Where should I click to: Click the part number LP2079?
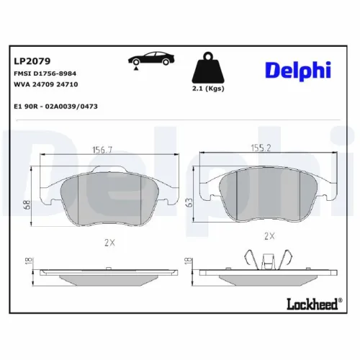click(29, 61)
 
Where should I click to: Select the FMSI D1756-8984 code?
click(45, 73)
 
